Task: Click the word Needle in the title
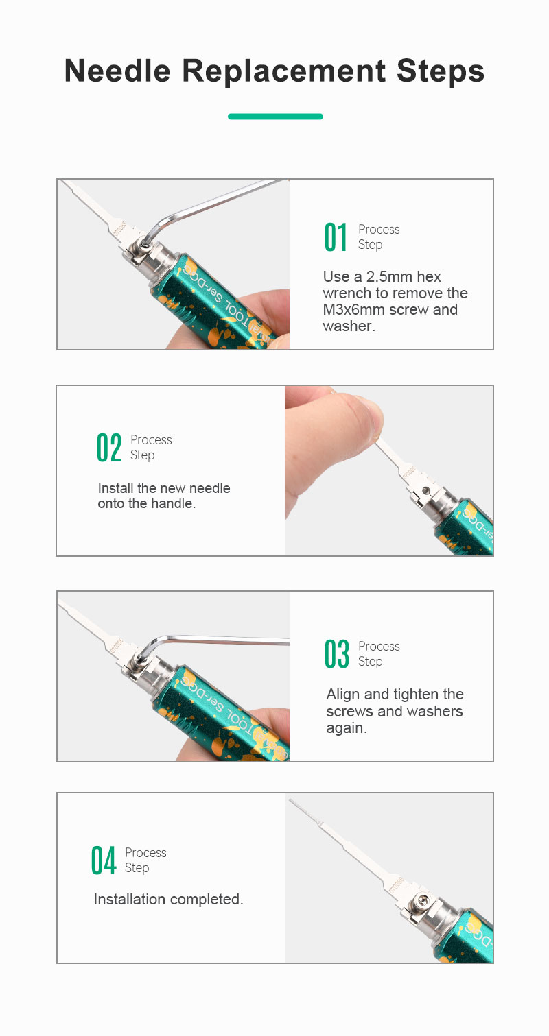pos(117,71)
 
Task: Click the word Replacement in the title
pos(283,71)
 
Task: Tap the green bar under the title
pos(275,117)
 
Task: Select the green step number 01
pos(336,237)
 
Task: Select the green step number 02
pos(109,448)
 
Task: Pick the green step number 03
pos(336,654)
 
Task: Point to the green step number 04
pos(104,860)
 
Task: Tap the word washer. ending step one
pos(349,326)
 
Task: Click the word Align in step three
pos(343,695)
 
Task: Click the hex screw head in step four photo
pos(423,900)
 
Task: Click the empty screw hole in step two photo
pos(427,490)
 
